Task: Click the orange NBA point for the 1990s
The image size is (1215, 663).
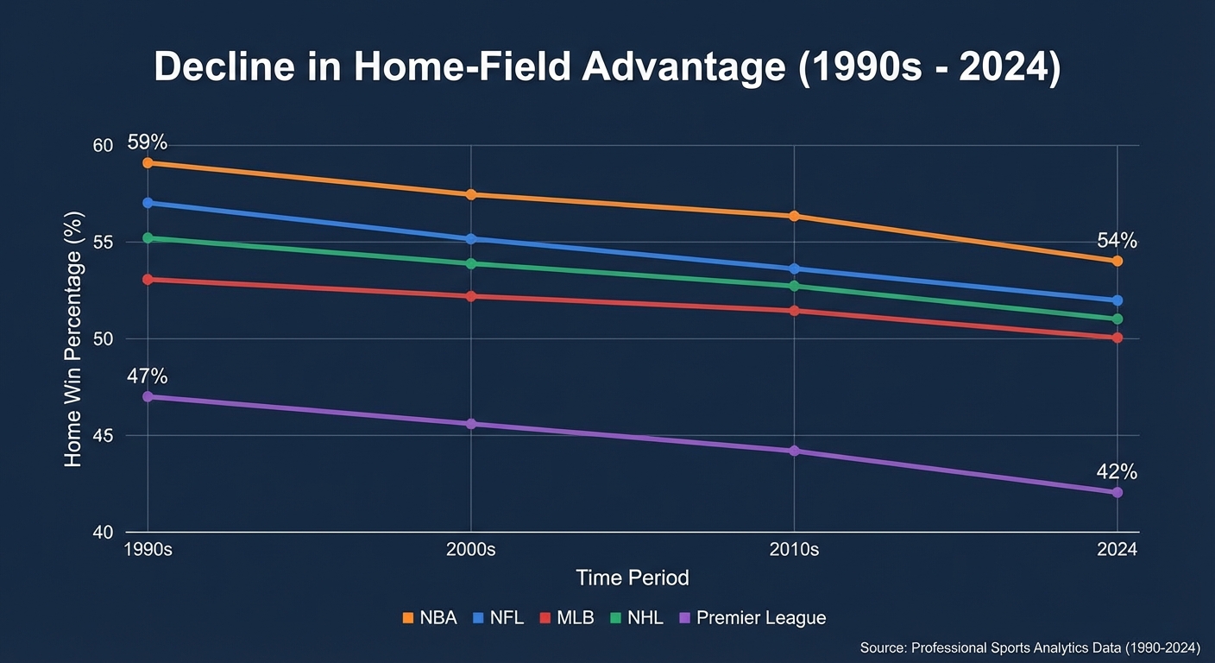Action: pyautogui.click(x=148, y=162)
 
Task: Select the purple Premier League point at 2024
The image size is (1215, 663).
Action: pyautogui.click(x=1117, y=492)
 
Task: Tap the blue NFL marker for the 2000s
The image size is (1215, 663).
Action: pyautogui.click(x=471, y=238)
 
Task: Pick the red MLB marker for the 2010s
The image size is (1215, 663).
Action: pyautogui.click(x=794, y=310)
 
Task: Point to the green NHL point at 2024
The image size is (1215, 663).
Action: pyautogui.click(x=1117, y=319)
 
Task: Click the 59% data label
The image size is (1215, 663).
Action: pyautogui.click(x=148, y=142)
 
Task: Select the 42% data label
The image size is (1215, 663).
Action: pyautogui.click(x=1117, y=472)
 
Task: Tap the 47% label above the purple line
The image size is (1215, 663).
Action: pyautogui.click(x=148, y=376)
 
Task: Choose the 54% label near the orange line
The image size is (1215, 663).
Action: pyautogui.click(x=1117, y=241)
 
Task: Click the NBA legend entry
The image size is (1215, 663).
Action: pyautogui.click(x=431, y=618)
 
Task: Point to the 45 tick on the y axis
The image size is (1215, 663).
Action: pyautogui.click(x=103, y=435)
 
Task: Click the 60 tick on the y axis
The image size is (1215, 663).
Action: pyautogui.click(x=103, y=145)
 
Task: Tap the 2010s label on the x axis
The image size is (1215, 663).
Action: pyautogui.click(x=794, y=550)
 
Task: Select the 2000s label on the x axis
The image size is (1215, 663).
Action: pyautogui.click(x=471, y=550)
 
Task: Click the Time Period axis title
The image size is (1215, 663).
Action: pyautogui.click(x=632, y=578)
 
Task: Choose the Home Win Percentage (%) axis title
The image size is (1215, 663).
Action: pyautogui.click(x=73, y=338)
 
